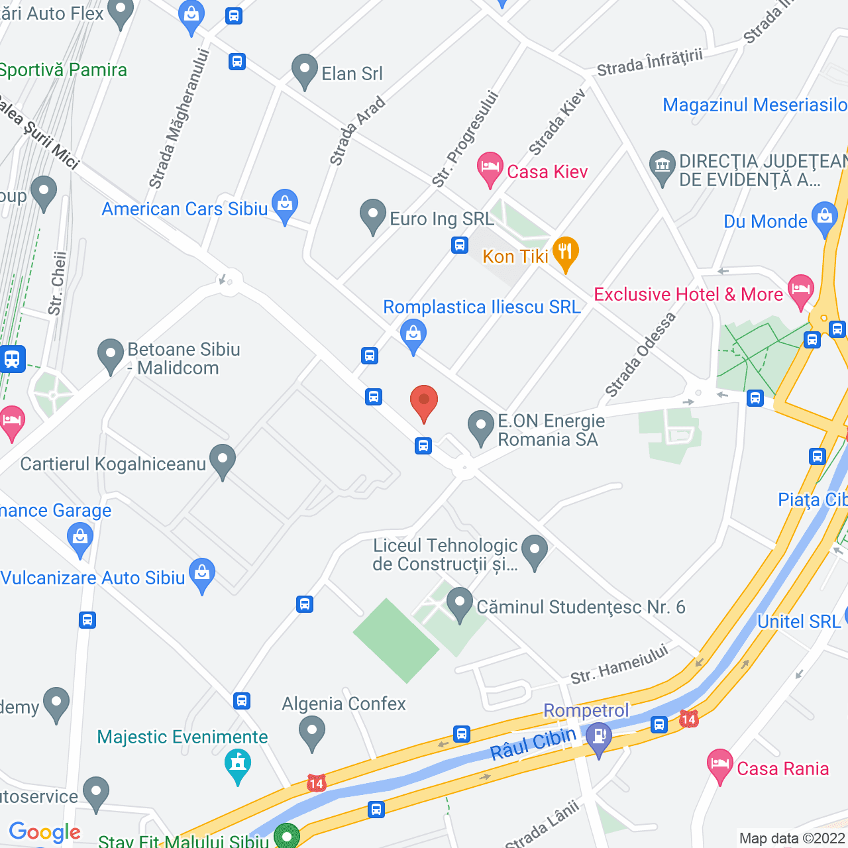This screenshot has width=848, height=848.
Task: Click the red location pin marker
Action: (424, 401)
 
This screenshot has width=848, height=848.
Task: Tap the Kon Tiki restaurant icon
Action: (565, 252)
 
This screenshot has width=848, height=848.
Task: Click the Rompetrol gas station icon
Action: (599, 738)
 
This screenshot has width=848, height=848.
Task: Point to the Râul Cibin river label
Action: (533, 742)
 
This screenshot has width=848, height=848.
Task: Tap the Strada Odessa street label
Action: (641, 354)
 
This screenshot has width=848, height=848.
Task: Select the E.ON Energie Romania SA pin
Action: (481, 426)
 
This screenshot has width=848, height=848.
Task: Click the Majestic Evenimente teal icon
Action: (238, 764)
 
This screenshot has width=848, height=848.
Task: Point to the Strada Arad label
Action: (357, 131)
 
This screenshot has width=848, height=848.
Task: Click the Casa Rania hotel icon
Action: (719, 765)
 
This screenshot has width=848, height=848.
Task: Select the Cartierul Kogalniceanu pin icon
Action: (223, 460)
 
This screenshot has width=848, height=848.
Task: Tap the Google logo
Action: (45, 832)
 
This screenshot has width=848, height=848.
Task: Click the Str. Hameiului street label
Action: (619, 664)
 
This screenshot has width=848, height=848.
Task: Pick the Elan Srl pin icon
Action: (305, 70)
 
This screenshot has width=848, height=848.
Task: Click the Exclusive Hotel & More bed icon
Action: (801, 290)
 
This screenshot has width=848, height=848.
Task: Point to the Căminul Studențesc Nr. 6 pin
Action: (459, 604)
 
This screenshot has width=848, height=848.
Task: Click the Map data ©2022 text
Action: (792, 838)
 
